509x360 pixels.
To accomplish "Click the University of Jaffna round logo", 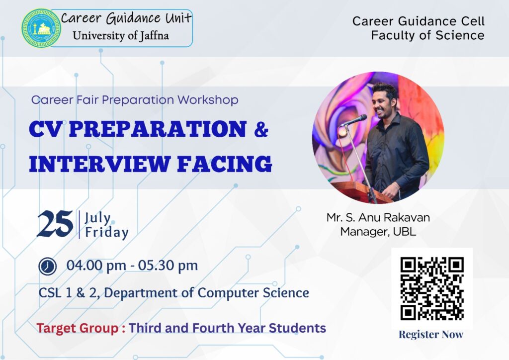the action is pos(41,28).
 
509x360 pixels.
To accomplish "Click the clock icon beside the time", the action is pos(47,267).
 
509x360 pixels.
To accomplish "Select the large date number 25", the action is pos(55,224).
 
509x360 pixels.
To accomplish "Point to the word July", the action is pos(97,218).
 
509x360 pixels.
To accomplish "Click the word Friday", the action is pos(106,232).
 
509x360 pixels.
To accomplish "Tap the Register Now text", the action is pos(431,334).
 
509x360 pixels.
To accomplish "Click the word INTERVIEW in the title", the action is pos(99,164).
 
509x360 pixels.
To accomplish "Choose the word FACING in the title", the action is pos(225,164).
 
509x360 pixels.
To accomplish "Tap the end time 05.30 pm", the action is pos(168,266).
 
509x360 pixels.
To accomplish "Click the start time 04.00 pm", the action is pos(96,266).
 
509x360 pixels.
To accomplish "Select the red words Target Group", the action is pos(78,328).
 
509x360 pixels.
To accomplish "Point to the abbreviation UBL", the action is pos(405,231).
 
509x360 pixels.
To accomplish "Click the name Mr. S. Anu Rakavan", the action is pos(378,217).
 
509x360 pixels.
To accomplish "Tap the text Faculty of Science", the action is pos(427,35).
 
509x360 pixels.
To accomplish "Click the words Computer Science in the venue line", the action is pos(253,293).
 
